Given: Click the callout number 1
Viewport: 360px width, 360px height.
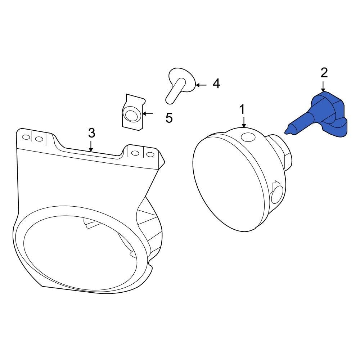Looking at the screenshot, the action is pyautogui.click(x=242, y=109).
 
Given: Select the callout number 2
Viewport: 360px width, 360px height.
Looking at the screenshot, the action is pyautogui.click(x=324, y=73).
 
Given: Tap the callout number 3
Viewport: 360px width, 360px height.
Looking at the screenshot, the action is pyautogui.click(x=91, y=133).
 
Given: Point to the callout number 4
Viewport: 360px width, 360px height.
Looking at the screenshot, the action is pyautogui.click(x=216, y=84).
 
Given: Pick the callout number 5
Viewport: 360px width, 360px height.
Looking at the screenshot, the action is pyautogui.click(x=169, y=118).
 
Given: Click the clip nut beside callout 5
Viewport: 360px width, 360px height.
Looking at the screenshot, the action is pyautogui.click(x=133, y=113).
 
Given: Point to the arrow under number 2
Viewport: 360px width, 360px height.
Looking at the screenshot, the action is pyautogui.click(x=323, y=86).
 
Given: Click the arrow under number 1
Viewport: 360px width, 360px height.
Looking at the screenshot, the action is pyautogui.click(x=244, y=122).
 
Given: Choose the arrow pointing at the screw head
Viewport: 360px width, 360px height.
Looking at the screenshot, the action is pyautogui.click(x=201, y=85).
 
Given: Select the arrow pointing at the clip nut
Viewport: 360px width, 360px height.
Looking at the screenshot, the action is pyautogui.click(x=148, y=114).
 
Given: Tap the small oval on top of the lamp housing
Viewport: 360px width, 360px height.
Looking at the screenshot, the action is pyautogui.click(x=248, y=137).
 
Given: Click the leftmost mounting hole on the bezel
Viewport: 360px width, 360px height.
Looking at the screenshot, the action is pyautogui.click(x=26, y=137).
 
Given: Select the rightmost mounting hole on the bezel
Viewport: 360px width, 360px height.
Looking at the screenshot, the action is pyautogui.click(x=150, y=154).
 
